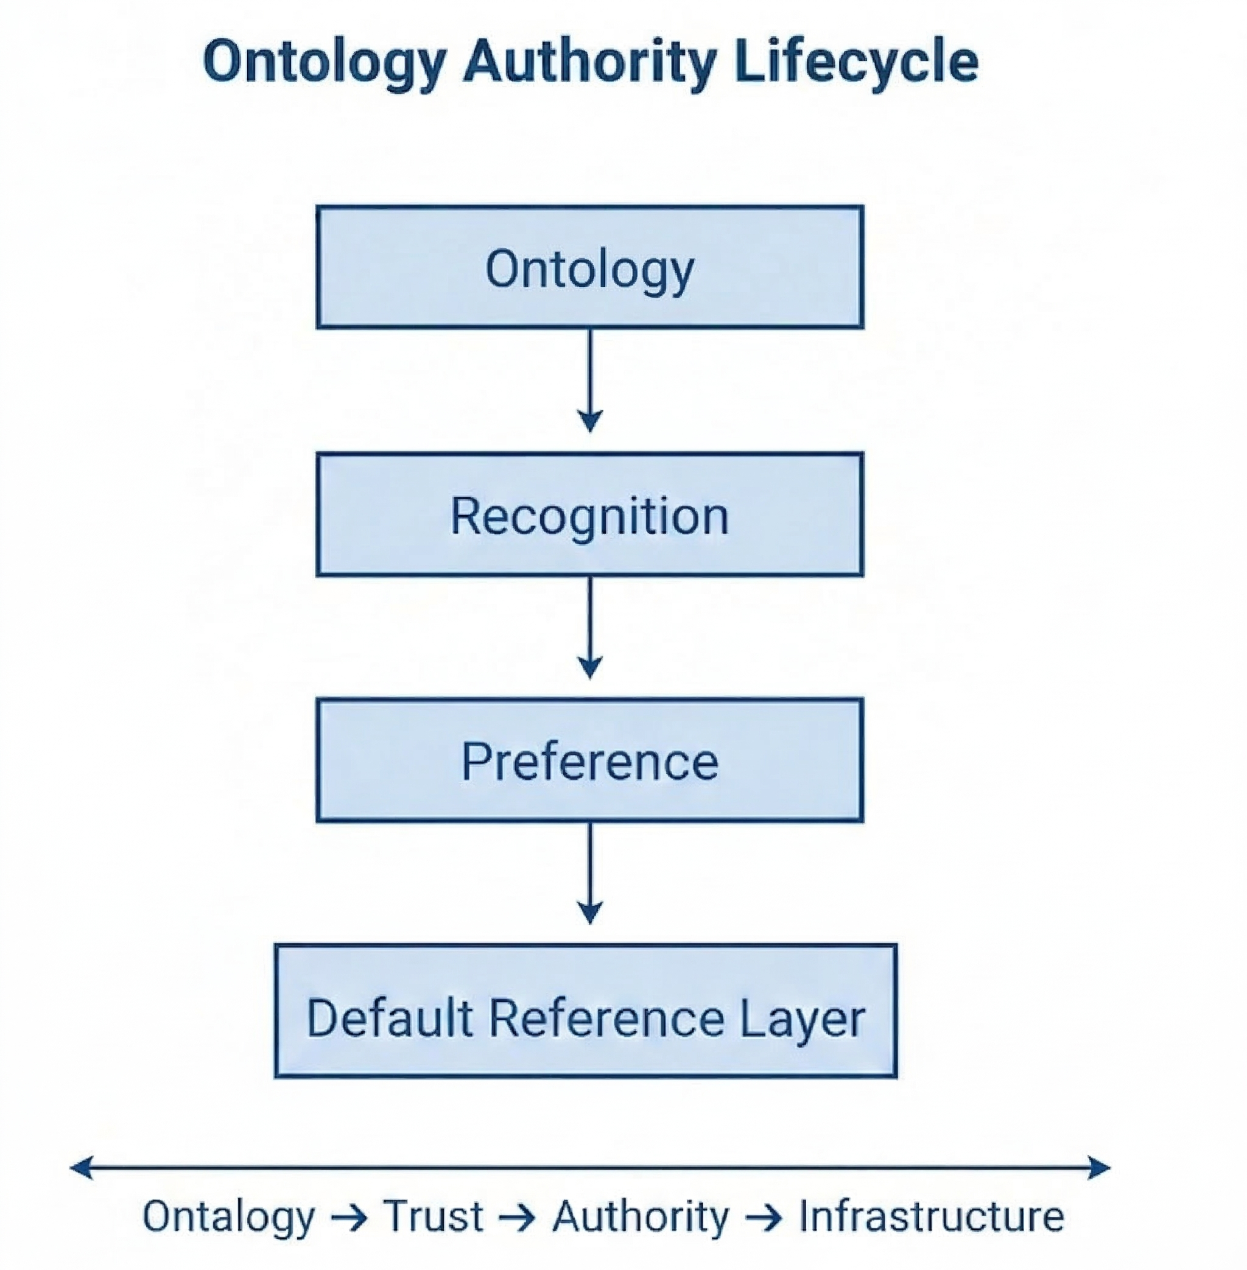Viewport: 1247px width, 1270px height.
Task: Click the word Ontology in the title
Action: (324, 62)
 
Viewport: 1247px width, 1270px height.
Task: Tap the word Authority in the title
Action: (589, 62)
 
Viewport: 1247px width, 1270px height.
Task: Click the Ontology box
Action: (589, 267)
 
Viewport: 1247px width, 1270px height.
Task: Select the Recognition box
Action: (589, 515)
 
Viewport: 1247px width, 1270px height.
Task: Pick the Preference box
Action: (589, 760)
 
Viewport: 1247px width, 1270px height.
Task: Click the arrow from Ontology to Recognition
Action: (590, 380)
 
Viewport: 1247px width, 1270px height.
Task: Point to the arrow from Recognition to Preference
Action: (590, 627)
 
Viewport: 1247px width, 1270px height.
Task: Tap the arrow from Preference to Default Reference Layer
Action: (590, 873)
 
